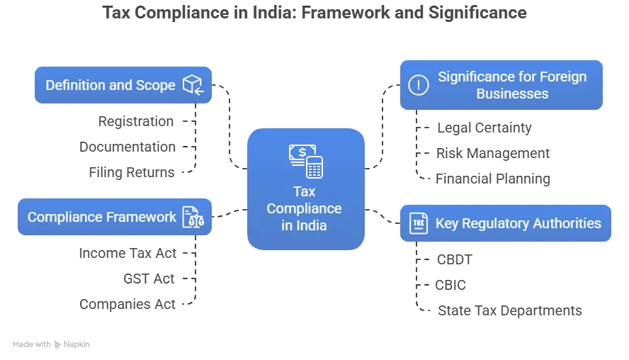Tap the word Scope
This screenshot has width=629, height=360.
[155, 86]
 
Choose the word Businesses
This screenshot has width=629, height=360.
[512, 94]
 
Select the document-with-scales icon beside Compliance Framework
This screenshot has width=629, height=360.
[192, 217]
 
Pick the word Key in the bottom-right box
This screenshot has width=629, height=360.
[447, 223]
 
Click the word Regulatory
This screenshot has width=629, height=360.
[497, 223]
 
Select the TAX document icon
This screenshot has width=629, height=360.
[419, 223]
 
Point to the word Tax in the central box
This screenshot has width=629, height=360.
[305, 191]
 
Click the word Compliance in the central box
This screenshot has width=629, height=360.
[305, 209]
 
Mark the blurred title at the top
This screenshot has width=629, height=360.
[314, 14]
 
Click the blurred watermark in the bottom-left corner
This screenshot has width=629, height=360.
[50, 346]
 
